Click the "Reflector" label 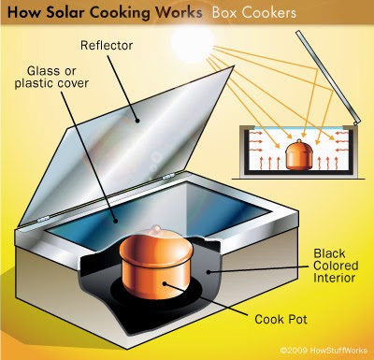pos(107,46)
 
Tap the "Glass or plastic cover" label pos(51,77)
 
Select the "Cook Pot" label pos(280,319)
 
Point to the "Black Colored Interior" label pos(336,266)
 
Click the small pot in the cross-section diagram pos(299,155)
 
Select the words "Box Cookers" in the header pos(254,13)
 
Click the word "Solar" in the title pos(66,13)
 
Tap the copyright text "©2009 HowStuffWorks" pos(324,350)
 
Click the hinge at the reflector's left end pos(43,220)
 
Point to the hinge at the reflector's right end pos(168,178)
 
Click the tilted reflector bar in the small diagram pos(328,78)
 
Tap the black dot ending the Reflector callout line pos(137,121)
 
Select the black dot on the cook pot pos(165,283)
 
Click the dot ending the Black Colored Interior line pos(209,272)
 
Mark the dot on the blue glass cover pos(116,222)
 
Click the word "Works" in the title pos(179,13)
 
